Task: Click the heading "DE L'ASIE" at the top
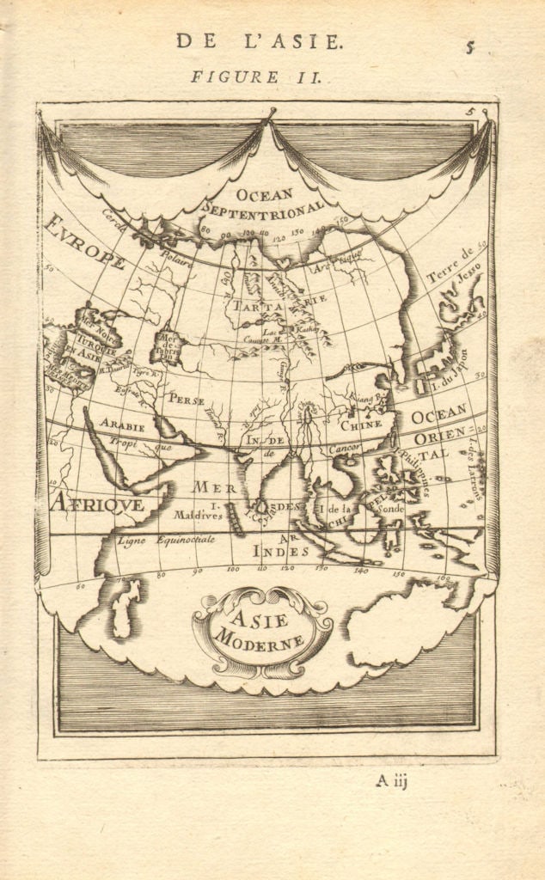258,40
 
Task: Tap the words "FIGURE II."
256,76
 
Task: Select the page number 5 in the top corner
470,47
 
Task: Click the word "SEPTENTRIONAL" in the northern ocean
263,205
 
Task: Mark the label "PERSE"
187,399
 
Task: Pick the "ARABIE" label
120,423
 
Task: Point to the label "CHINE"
360,424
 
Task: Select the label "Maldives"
197,516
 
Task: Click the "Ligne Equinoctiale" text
150,541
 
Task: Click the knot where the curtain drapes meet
272,114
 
